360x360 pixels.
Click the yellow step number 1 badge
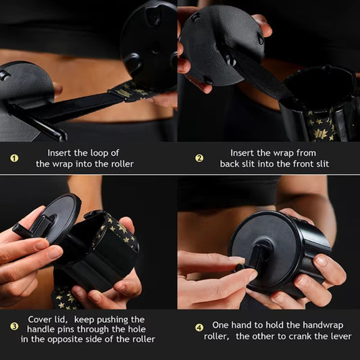click(14, 159)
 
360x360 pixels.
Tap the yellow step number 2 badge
click(199, 158)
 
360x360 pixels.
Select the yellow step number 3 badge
click(14, 326)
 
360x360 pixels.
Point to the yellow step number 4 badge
click(199, 327)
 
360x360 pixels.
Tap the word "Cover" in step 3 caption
click(41, 319)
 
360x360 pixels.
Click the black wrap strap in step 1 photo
click(81, 105)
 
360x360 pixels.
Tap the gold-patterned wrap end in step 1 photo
click(132, 91)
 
